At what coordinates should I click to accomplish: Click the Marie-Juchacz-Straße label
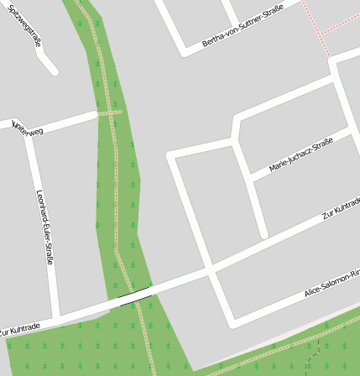point(300,155)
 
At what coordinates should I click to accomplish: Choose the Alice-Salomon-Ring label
point(331,284)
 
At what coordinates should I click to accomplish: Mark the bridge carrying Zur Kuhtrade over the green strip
point(134,296)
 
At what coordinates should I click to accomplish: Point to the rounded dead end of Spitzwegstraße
point(53,70)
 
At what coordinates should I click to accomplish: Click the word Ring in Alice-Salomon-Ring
point(353,274)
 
